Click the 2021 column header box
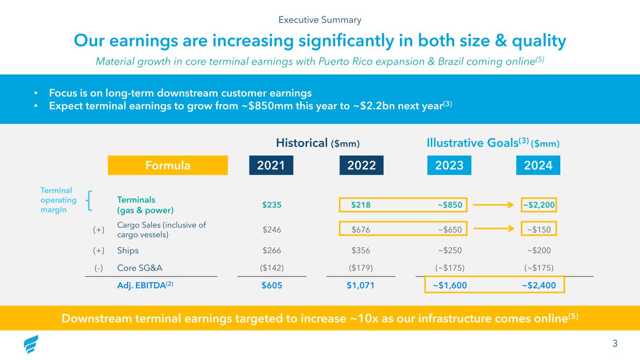pos(271,165)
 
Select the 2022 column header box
pos(361,165)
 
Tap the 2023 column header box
pos(449,165)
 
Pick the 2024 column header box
pos(538,165)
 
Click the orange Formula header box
pos(167,165)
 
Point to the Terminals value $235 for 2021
pos(272,204)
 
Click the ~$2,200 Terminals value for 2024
pos(539,204)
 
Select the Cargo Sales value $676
pos(360,229)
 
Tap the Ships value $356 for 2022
pos(360,250)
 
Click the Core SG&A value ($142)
pos(272,268)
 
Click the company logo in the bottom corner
pos(31,345)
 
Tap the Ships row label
pos(128,250)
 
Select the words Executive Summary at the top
pos(320,20)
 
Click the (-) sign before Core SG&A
pos(98,268)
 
